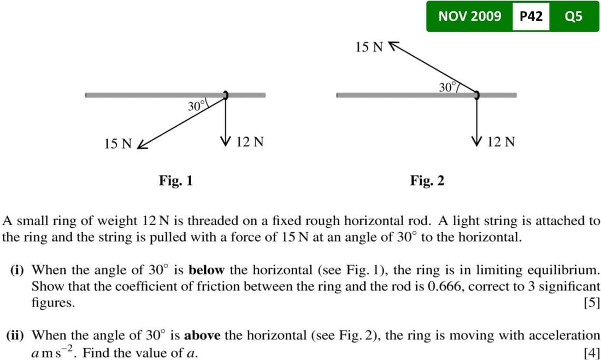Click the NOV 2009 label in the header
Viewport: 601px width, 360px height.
pyautogui.click(x=469, y=16)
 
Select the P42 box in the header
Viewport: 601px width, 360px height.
pyautogui.click(x=531, y=16)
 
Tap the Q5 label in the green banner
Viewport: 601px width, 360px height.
pyautogui.click(x=573, y=16)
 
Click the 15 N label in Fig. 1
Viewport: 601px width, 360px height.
pyautogui.click(x=117, y=144)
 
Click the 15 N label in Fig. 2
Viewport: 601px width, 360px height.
pyautogui.click(x=369, y=47)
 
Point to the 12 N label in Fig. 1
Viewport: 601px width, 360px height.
pyautogui.click(x=251, y=143)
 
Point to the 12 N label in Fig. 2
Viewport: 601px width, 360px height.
pyautogui.click(x=501, y=143)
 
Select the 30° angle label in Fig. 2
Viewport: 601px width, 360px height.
pyautogui.click(x=447, y=86)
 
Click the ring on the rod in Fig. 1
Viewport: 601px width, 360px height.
pyautogui.click(x=225, y=95)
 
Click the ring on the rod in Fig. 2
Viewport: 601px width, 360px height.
pyautogui.click(x=476, y=95)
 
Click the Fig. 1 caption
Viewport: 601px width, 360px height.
pyautogui.click(x=175, y=180)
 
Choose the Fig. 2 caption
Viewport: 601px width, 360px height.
pyautogui.click(x=427, y=180)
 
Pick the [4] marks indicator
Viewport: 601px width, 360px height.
pyautogui.click(x=592, y=352)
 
